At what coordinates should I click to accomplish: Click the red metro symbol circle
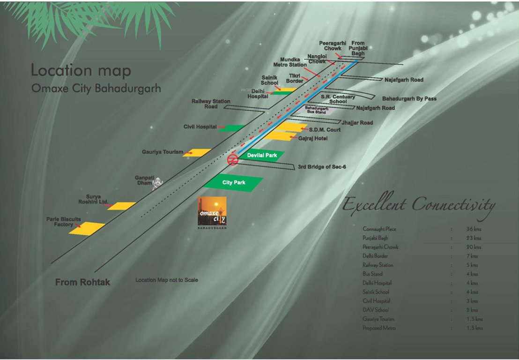[x=232, y=160]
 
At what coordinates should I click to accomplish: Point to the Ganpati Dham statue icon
[x=159, y=182]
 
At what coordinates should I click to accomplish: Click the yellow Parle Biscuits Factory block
[x=87, y=228]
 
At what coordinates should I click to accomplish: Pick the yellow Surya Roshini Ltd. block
[x=121, y=206]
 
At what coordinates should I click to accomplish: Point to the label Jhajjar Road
[x=357, y=123]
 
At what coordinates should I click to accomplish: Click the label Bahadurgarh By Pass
[x=409, y=99]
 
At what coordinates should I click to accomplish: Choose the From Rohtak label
[x=82, y=283]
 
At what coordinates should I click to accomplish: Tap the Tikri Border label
[x=295, y=78]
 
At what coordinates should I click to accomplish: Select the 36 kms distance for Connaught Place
[x=474, y=229]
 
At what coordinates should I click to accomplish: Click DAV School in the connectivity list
[x=375, y=310]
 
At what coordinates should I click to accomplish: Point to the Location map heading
[x=81, y=71]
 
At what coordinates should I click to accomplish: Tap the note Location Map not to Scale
[x=167, y=280]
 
